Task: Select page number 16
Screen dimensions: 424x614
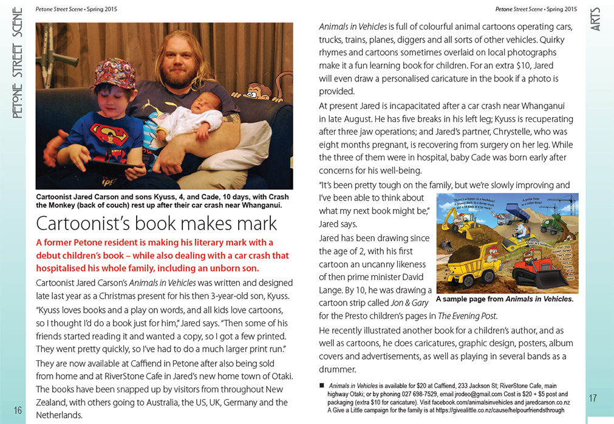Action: pyautogui.click(x=18, y=411)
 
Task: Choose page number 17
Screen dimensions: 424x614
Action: pyautogui.click(x=593, y=398)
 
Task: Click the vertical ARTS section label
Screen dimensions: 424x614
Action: pyautogui.click(x=596, y=19)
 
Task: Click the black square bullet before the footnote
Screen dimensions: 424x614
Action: pyautogui.click(x=322, y=386)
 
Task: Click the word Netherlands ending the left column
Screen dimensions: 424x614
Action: pyautogui.click(x=59, y=415)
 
